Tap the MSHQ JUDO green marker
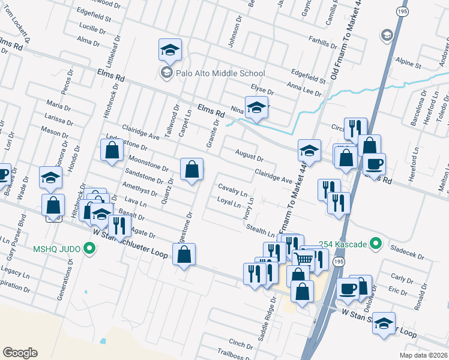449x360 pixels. [x=90, y=247]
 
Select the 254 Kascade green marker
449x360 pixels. [x=376, y=244]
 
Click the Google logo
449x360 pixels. [x=20, y=352]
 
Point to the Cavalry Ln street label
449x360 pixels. [x=233, y=190]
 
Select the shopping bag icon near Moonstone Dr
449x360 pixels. [x=191, y=169]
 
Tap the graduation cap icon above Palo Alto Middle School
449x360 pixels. [x=170, y=50]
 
